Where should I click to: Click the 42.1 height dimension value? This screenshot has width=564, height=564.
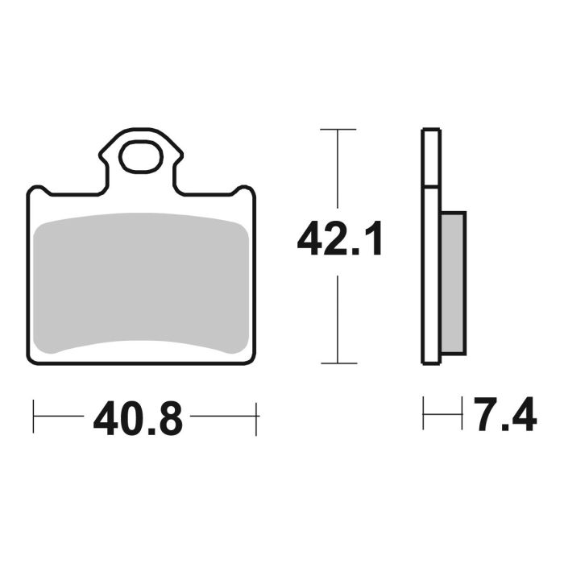(339, 240)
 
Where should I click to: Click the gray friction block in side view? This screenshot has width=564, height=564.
(453, 282)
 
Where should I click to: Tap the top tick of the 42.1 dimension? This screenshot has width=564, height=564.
(338, 129)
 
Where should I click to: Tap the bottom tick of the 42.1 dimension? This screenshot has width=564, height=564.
(338, 363)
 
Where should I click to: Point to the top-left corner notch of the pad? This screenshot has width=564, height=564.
(40, 190)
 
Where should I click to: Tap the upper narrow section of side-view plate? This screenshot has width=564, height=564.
(431, 157)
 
